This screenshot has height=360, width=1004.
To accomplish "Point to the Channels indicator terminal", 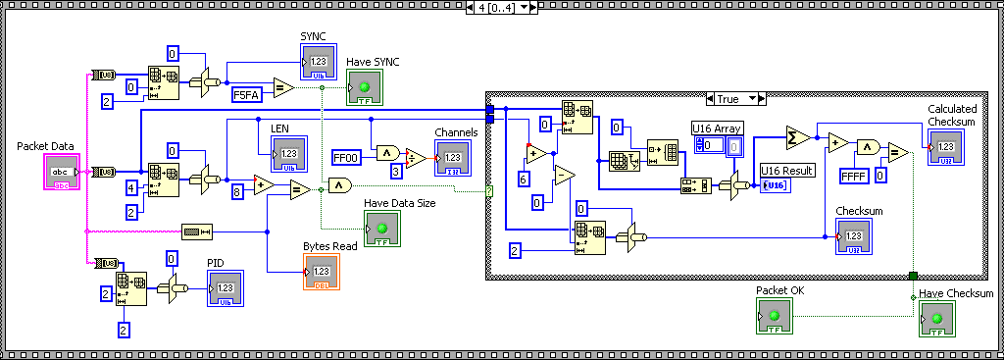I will pos(453,158).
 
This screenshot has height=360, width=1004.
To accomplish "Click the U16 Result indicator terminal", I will pos(774,185).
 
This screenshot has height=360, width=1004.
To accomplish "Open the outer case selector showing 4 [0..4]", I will pos(501,8).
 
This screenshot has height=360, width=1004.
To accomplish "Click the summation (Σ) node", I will pos(797,136).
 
